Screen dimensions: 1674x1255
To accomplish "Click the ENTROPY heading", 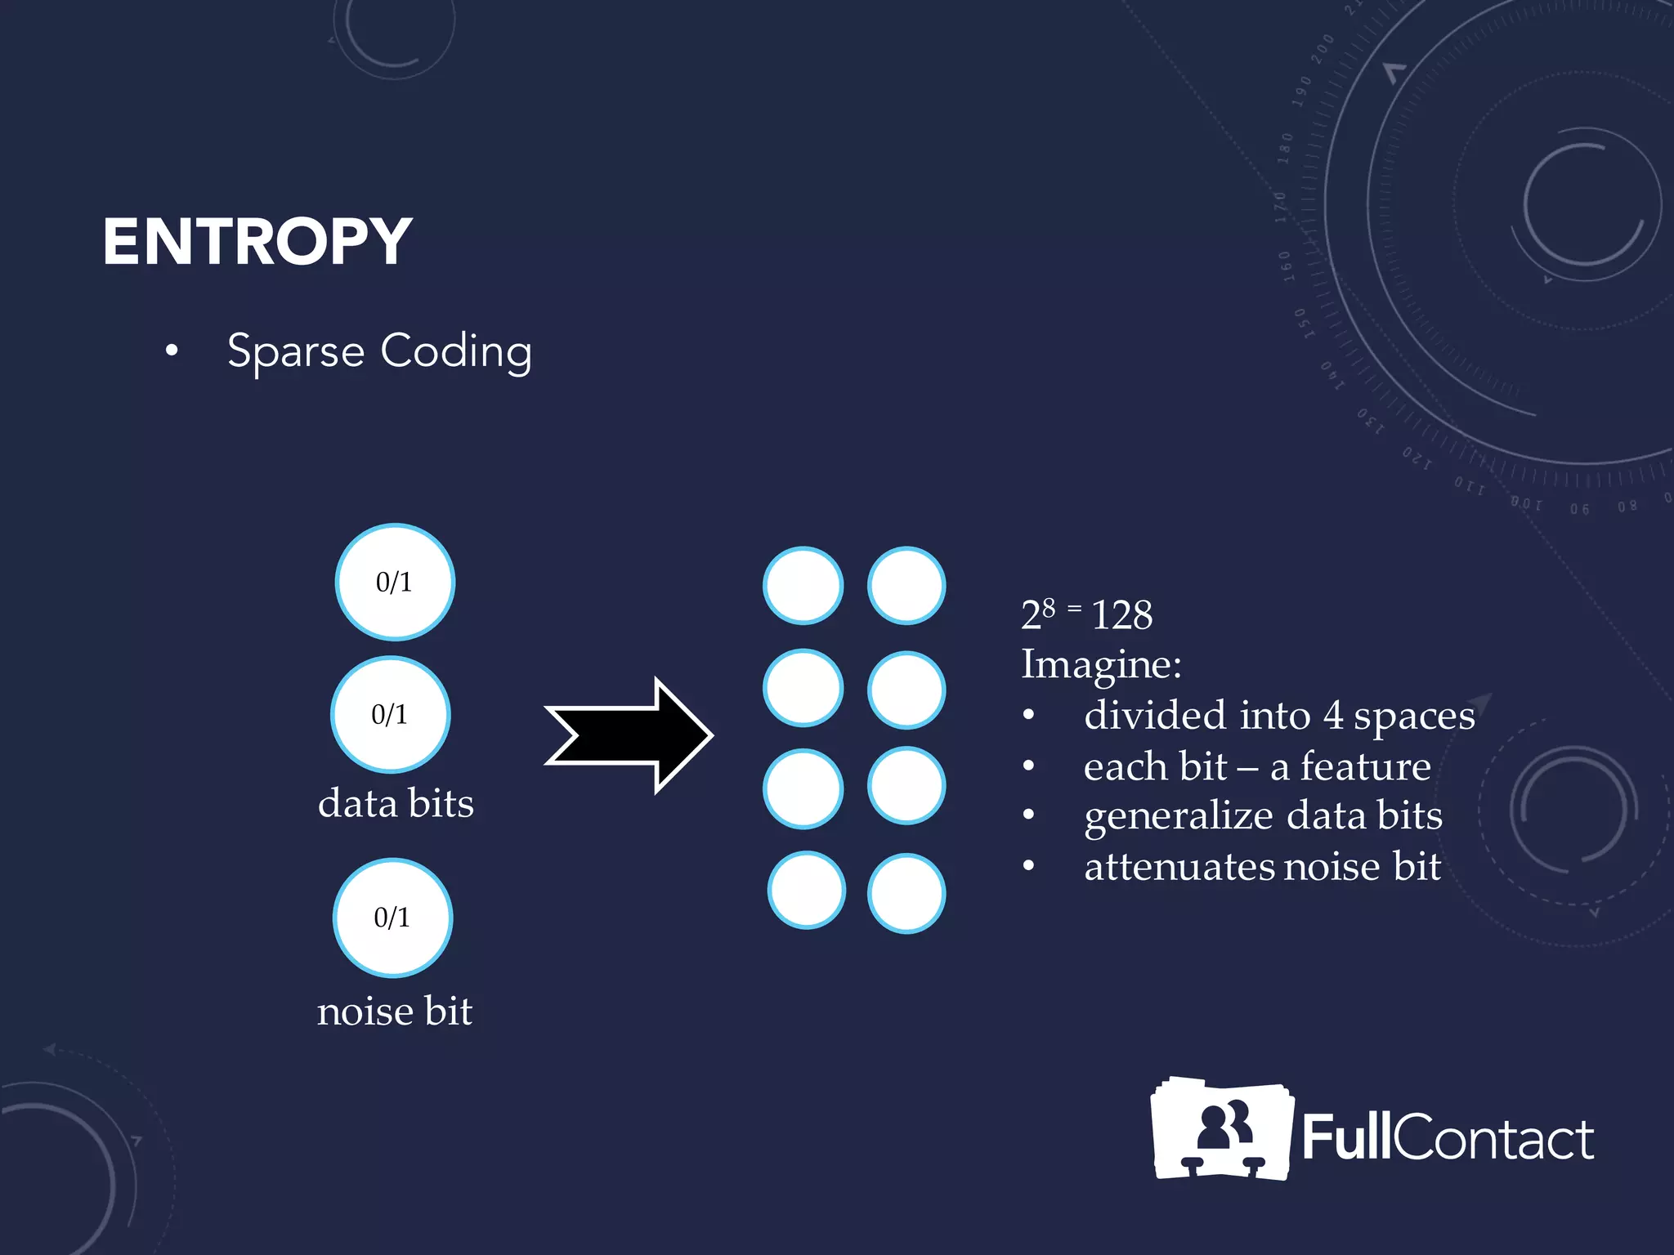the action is pyautogui.click(x=257, y=242).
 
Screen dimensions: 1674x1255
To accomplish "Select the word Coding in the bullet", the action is pyautogui.click(x=456, y=352).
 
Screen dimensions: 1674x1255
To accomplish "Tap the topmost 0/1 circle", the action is pyautogui.click(x=395, y=582).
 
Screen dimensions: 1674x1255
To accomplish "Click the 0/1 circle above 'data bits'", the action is pyautogui.click(x=390, y=715).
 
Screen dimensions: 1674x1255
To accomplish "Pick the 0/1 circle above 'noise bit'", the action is pyautogui.click(x=392, y=918).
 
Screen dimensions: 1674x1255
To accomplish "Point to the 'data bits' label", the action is pyautogui.click(x=396, y=803).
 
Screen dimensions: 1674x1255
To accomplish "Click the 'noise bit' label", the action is pyautogui.click(x=394, y=1012).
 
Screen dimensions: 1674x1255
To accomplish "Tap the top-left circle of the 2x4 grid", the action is pyautogui.click(x=803, y=585).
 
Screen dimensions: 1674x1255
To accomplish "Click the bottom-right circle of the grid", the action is pyautogui.click(x=906, y=892).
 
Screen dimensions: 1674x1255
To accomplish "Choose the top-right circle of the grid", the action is pyautogui.click(x=906, y=585).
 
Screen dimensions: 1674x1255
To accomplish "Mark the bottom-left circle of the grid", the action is pyautogui.click(x=806, y=890).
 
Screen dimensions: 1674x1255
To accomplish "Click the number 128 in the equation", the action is pyautogui.click(x=1121, y=615).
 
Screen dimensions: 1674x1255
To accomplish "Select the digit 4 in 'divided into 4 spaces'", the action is pyautogui.click(x=1333, y=716).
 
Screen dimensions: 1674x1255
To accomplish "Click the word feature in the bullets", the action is pyautogui.click(x=1365, y=766).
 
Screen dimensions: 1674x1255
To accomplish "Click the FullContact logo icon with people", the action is pyautogui.click(x=1221, y=1129).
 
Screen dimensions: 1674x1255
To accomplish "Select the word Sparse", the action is pyautogui.click(x=295, y=352).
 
